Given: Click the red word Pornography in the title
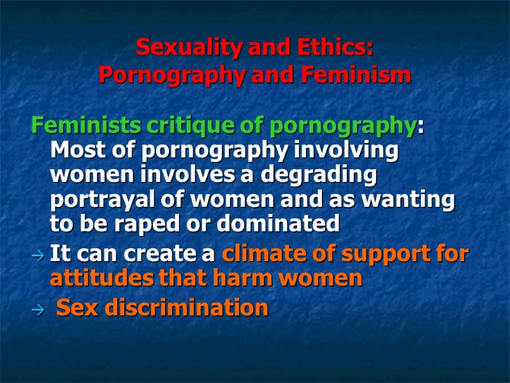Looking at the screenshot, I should pyautogui.click(x=173, y=76).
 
